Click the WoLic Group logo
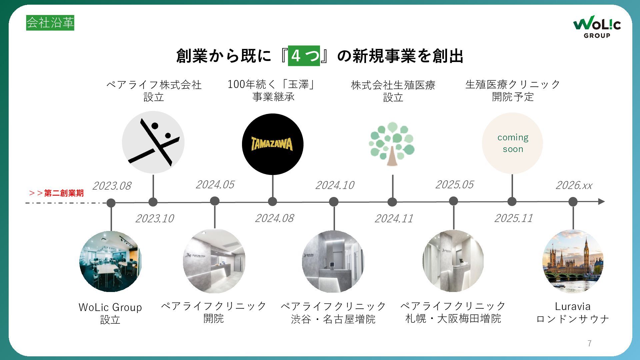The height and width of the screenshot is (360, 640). pos(597,27)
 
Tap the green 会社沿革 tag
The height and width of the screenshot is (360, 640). pos(50,23)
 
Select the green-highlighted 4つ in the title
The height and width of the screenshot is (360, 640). pos(304,56)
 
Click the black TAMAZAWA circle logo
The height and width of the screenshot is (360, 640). pos(273,144)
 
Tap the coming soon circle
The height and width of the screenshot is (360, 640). pos(512,143)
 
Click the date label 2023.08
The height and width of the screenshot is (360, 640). pos(112,186)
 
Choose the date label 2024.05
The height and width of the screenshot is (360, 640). pos(215,184)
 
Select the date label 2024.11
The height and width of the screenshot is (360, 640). pos(394,218)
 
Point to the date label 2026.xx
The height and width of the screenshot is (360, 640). pos(574,185)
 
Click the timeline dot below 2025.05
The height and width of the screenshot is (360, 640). pos(453,201)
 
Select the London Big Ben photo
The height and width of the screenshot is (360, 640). pos(573,261)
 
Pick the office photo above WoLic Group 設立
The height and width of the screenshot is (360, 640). pos(111,261)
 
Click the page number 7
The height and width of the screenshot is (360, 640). pos(590,343)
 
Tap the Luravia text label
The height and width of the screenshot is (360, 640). pos(573,306)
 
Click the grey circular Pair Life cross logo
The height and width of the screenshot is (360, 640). pos(153,142)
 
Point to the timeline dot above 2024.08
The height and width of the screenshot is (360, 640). pos(273,201)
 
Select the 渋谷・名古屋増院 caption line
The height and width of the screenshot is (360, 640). pos(333,319)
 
